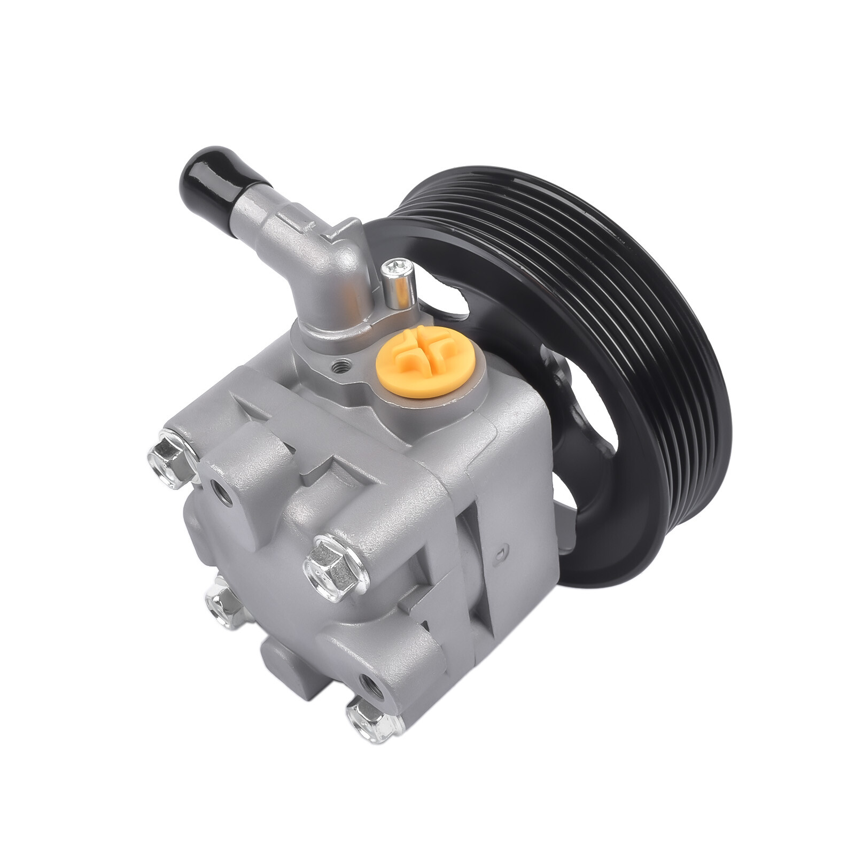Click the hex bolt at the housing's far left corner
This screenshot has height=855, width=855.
click(170, 458)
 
